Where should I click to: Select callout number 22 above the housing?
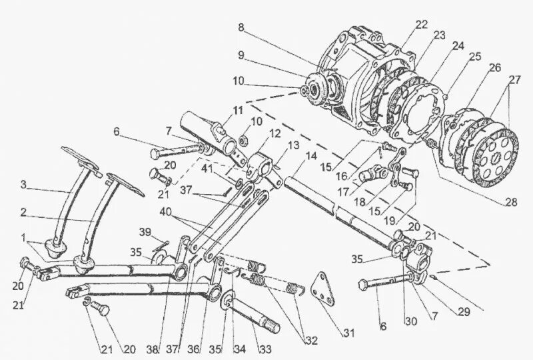coord(420,25)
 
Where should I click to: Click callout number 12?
coord(257,135)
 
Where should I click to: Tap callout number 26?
coord(494,68)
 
